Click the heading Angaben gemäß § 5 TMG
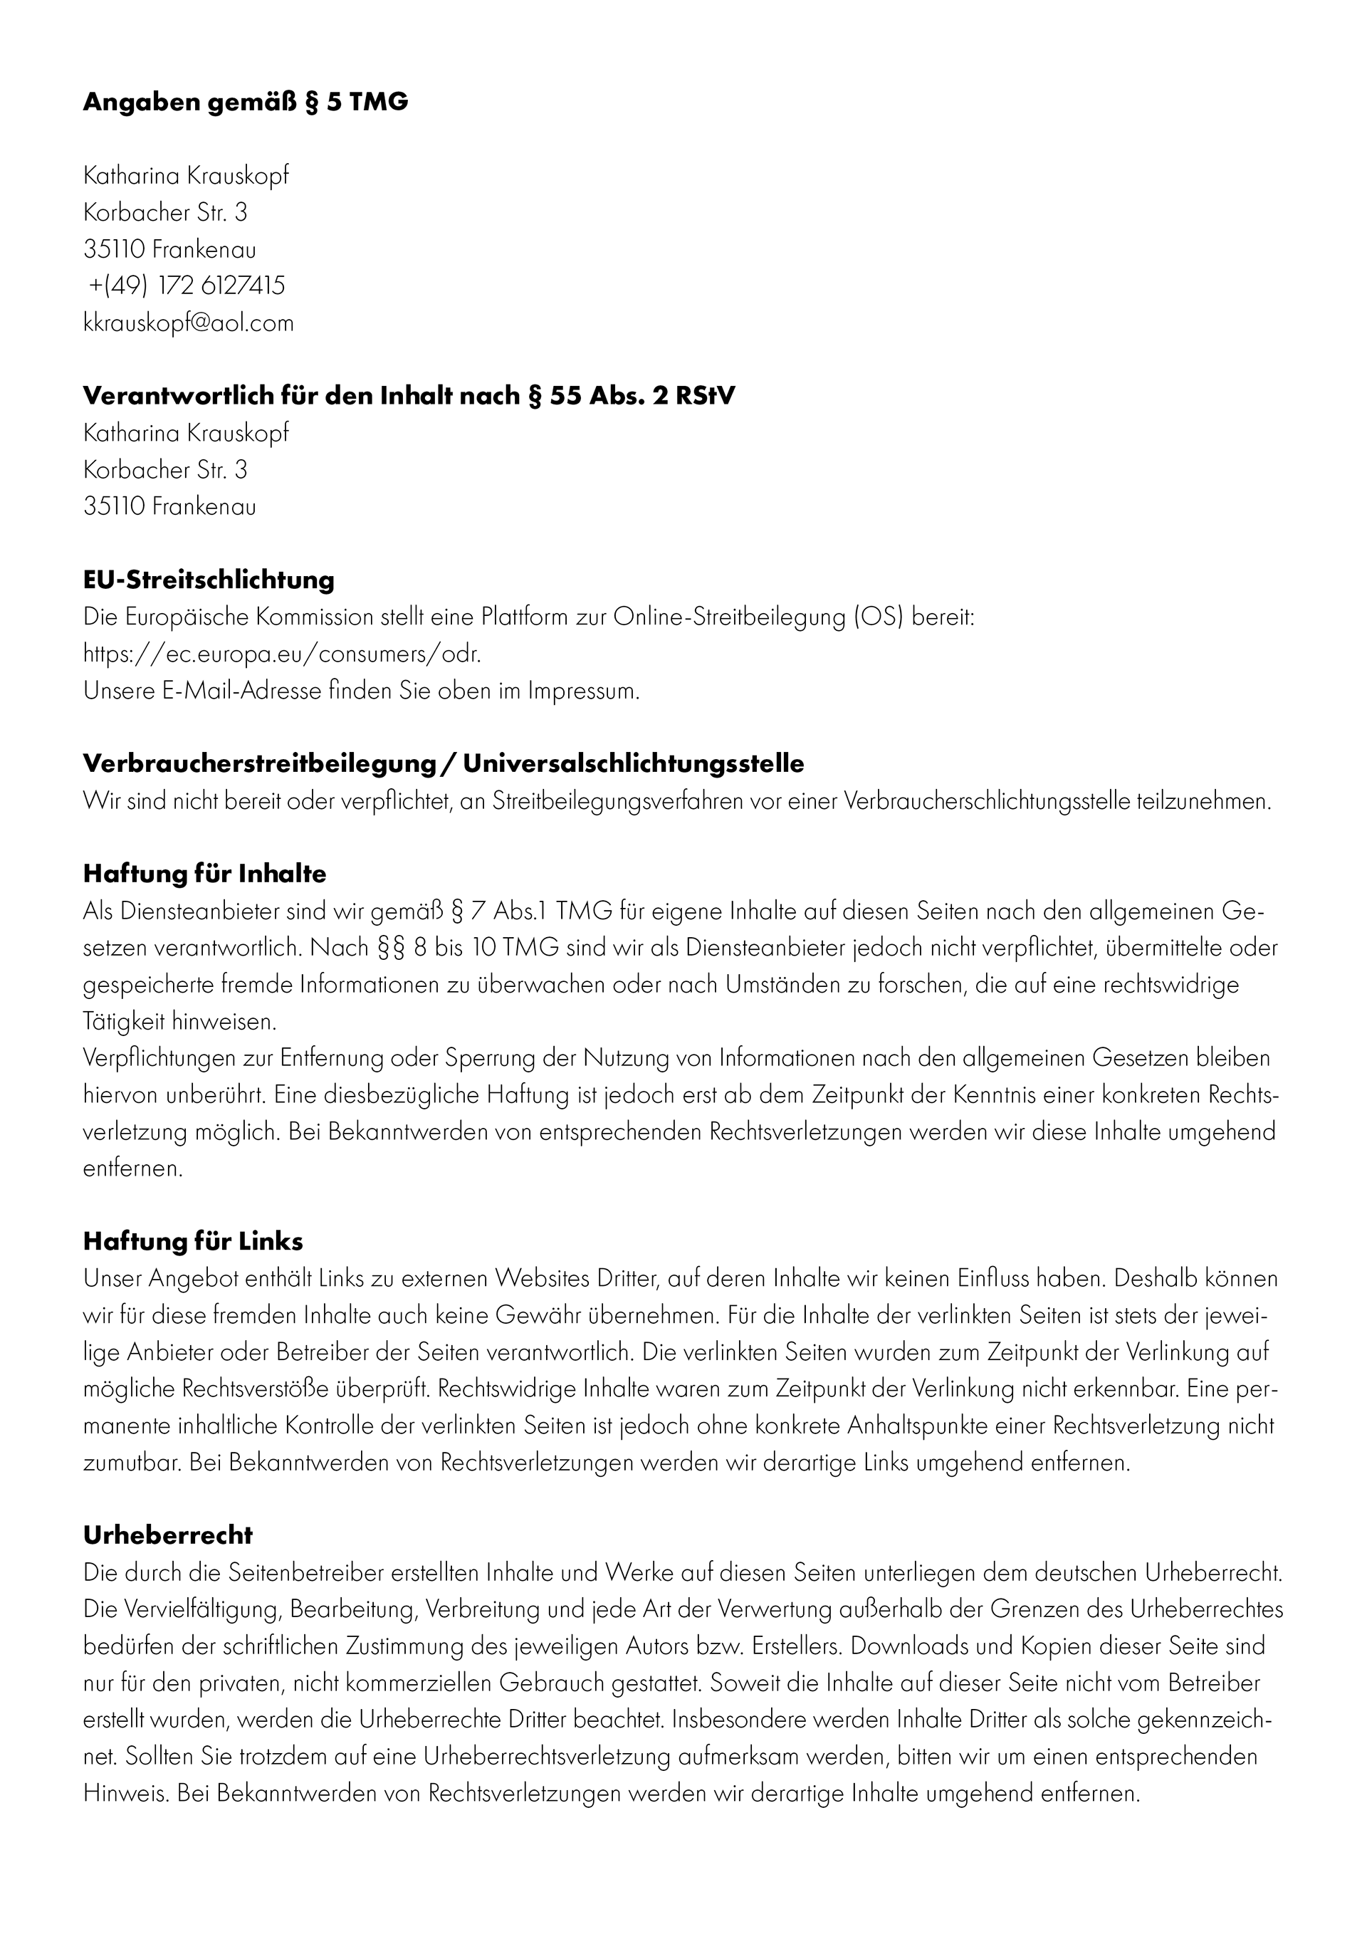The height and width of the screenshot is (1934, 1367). coord(245,103)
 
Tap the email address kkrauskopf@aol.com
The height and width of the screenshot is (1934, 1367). coord(189,323)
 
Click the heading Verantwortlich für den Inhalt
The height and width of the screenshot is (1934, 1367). coord(409,396)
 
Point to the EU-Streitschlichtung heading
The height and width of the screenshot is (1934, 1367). coord(208,580)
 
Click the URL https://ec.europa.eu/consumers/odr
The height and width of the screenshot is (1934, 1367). coord(282,654)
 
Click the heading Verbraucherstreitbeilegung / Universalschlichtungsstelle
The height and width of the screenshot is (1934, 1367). coord(443,764)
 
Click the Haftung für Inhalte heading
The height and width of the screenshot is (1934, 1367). coord(204,874)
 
